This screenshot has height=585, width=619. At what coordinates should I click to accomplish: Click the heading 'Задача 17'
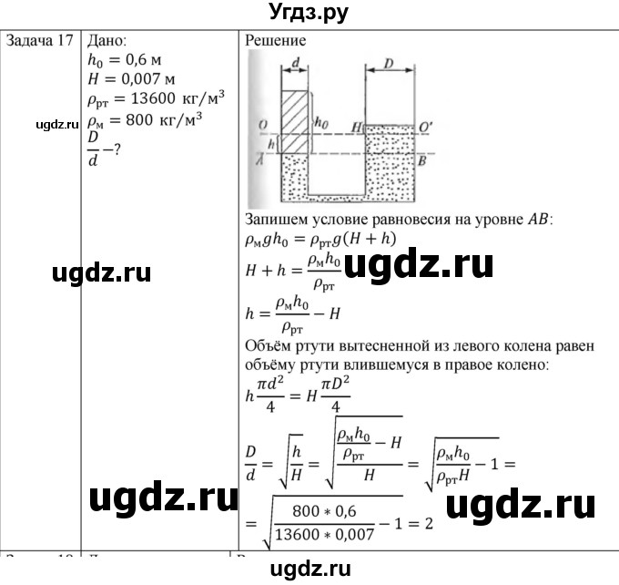coord(39,41)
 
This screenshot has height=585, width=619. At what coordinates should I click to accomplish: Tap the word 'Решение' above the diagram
coord(276,41)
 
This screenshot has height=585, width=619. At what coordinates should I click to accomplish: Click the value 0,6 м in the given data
coord(137,62)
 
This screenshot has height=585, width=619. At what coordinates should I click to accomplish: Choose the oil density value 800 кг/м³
coord(162,120)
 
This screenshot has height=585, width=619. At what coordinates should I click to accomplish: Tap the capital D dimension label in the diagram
coord(389,64)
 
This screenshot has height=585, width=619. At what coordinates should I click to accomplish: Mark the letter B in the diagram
coord(422,157)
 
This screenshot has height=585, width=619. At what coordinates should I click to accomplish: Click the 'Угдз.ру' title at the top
coord(309,14)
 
